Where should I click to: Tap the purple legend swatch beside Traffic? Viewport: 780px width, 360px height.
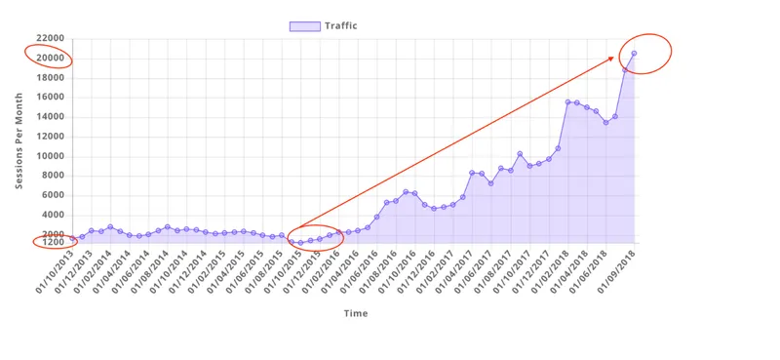[305, 25]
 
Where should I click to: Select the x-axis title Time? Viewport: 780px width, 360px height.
[354, 313]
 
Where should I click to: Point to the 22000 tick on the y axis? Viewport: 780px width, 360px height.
[50, 39]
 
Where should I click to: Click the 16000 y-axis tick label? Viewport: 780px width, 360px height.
[50, 98]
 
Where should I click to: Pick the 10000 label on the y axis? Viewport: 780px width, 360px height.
[50, 156]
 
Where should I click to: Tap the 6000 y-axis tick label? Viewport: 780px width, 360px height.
[53, 195]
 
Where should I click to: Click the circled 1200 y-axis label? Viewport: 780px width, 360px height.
[53, 242]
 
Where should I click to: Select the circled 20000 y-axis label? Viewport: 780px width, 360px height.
[50, 59]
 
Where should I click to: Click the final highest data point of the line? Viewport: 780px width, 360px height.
[634, 54]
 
